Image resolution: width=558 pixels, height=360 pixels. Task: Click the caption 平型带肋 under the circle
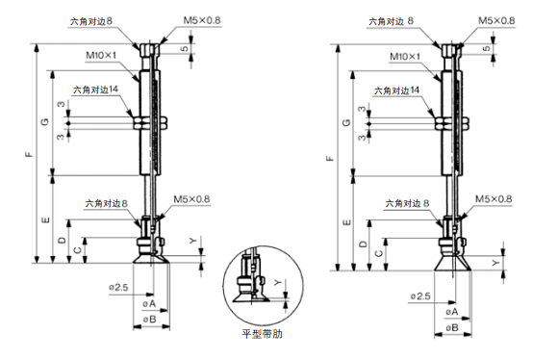click(x=262, y=334)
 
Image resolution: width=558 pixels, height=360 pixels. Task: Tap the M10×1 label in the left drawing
click(x=101, y=56)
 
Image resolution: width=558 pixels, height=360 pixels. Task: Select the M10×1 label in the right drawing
click(x=405, y=57)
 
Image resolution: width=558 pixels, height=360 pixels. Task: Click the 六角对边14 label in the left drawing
click(x=95, y=90)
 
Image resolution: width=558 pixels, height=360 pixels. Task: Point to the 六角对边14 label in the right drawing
click(x=396, y=90)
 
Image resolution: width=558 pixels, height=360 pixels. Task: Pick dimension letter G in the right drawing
click(x=346, y=123)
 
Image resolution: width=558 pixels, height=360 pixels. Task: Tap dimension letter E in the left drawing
click(x=45, y=220)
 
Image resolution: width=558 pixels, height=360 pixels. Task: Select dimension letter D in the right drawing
click(x=363, y=244)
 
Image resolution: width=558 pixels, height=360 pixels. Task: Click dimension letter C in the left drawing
click(x=77, y=250)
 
